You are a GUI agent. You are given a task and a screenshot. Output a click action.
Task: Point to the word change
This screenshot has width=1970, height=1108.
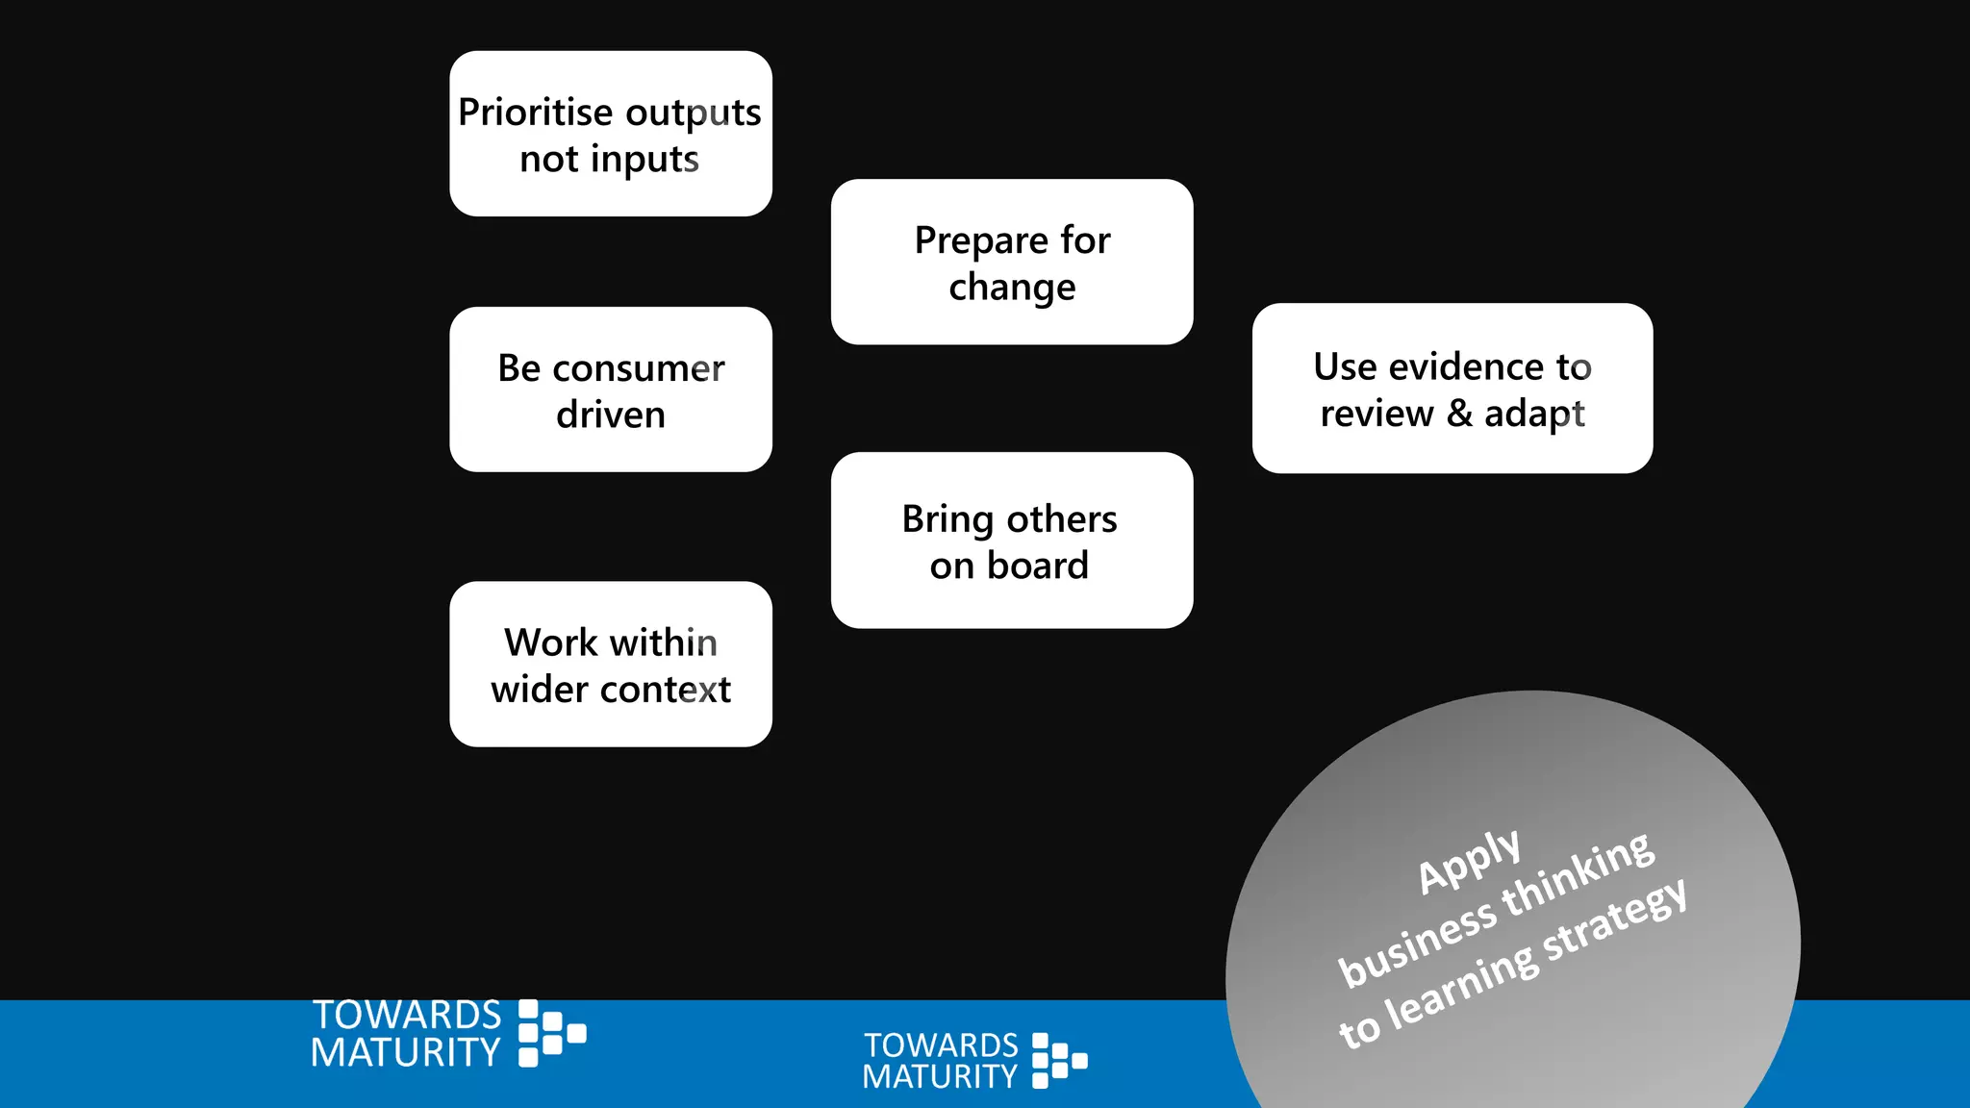click(x=1012, y=289)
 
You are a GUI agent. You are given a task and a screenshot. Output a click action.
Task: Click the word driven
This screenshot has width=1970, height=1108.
click(x=611, y=415)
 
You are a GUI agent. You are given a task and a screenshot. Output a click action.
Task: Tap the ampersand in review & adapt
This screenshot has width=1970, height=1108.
click(x=1459, y=414)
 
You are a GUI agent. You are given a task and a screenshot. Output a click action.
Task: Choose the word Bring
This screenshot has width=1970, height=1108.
click(x=947, y=520)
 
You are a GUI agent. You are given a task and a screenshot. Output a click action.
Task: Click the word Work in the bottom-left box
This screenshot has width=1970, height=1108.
click(x=551, y=642)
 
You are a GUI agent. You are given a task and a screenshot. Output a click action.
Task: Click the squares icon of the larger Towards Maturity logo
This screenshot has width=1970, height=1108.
click(x=551, y=1033)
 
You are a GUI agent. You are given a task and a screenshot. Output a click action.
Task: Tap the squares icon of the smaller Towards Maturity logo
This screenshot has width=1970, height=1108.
click(x=1059, y=1061)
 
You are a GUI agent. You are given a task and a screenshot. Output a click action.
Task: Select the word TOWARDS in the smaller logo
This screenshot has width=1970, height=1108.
click(x=941, y=1045)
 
